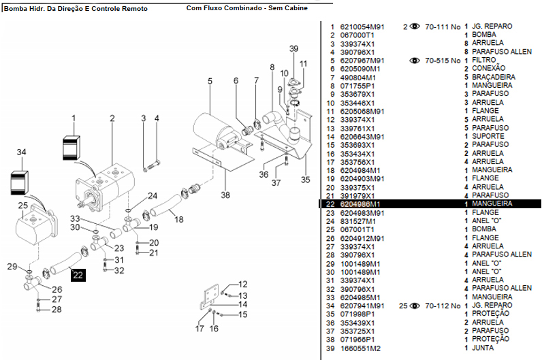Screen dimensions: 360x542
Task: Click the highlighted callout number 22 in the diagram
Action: coord(78,275)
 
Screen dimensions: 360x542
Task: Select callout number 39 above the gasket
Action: coord(293,49)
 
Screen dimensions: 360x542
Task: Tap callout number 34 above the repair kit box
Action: coord(22,152)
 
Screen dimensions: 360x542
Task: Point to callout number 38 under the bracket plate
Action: coord(226,195)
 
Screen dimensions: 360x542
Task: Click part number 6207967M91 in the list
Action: coord(362,61)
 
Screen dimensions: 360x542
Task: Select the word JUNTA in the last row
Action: coord(483,347)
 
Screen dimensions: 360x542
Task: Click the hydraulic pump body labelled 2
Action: coord(109,184)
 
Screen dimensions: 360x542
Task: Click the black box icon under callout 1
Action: coord(72,147)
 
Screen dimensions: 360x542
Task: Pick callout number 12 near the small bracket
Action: coord(243,284)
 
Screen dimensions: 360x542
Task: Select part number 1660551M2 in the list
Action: coord(361,347)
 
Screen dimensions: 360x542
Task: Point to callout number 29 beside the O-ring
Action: coord(11,265)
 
